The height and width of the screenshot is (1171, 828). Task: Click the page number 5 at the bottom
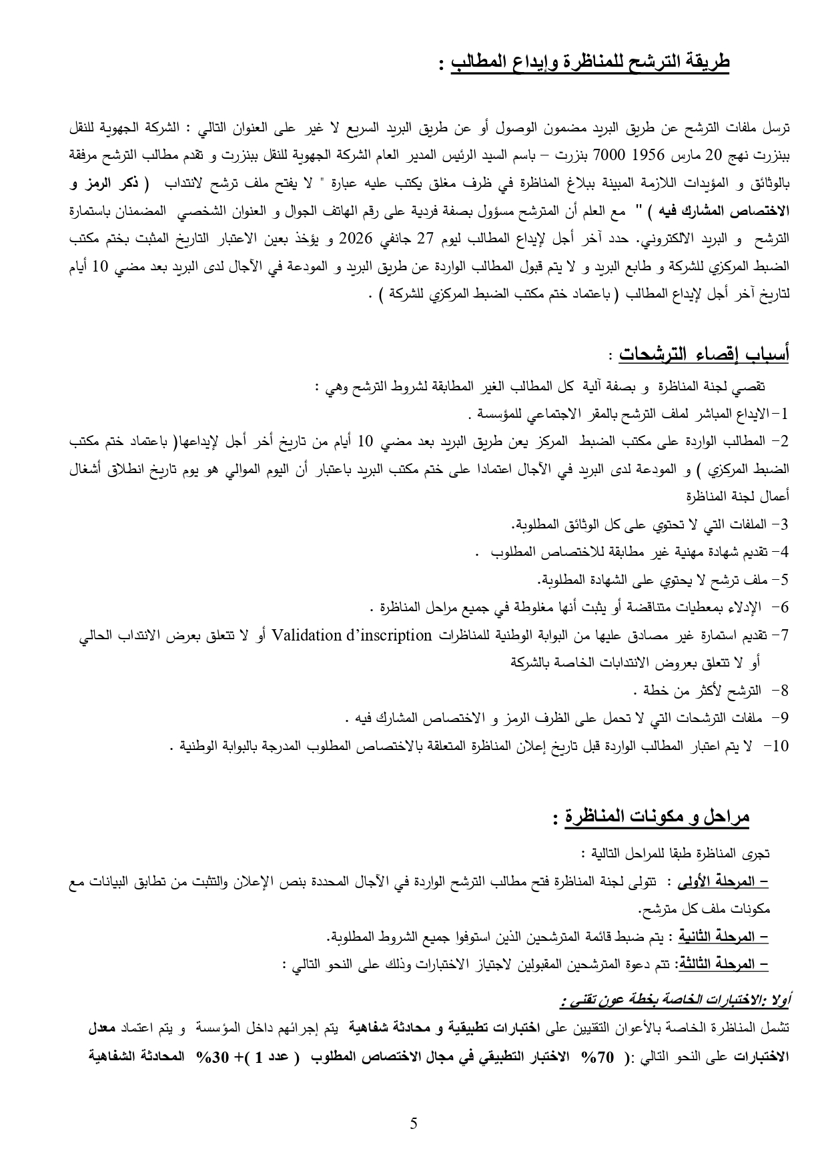[x=414, y=1124]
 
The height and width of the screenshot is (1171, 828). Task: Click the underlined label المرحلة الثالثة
[x=723, y=964]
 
